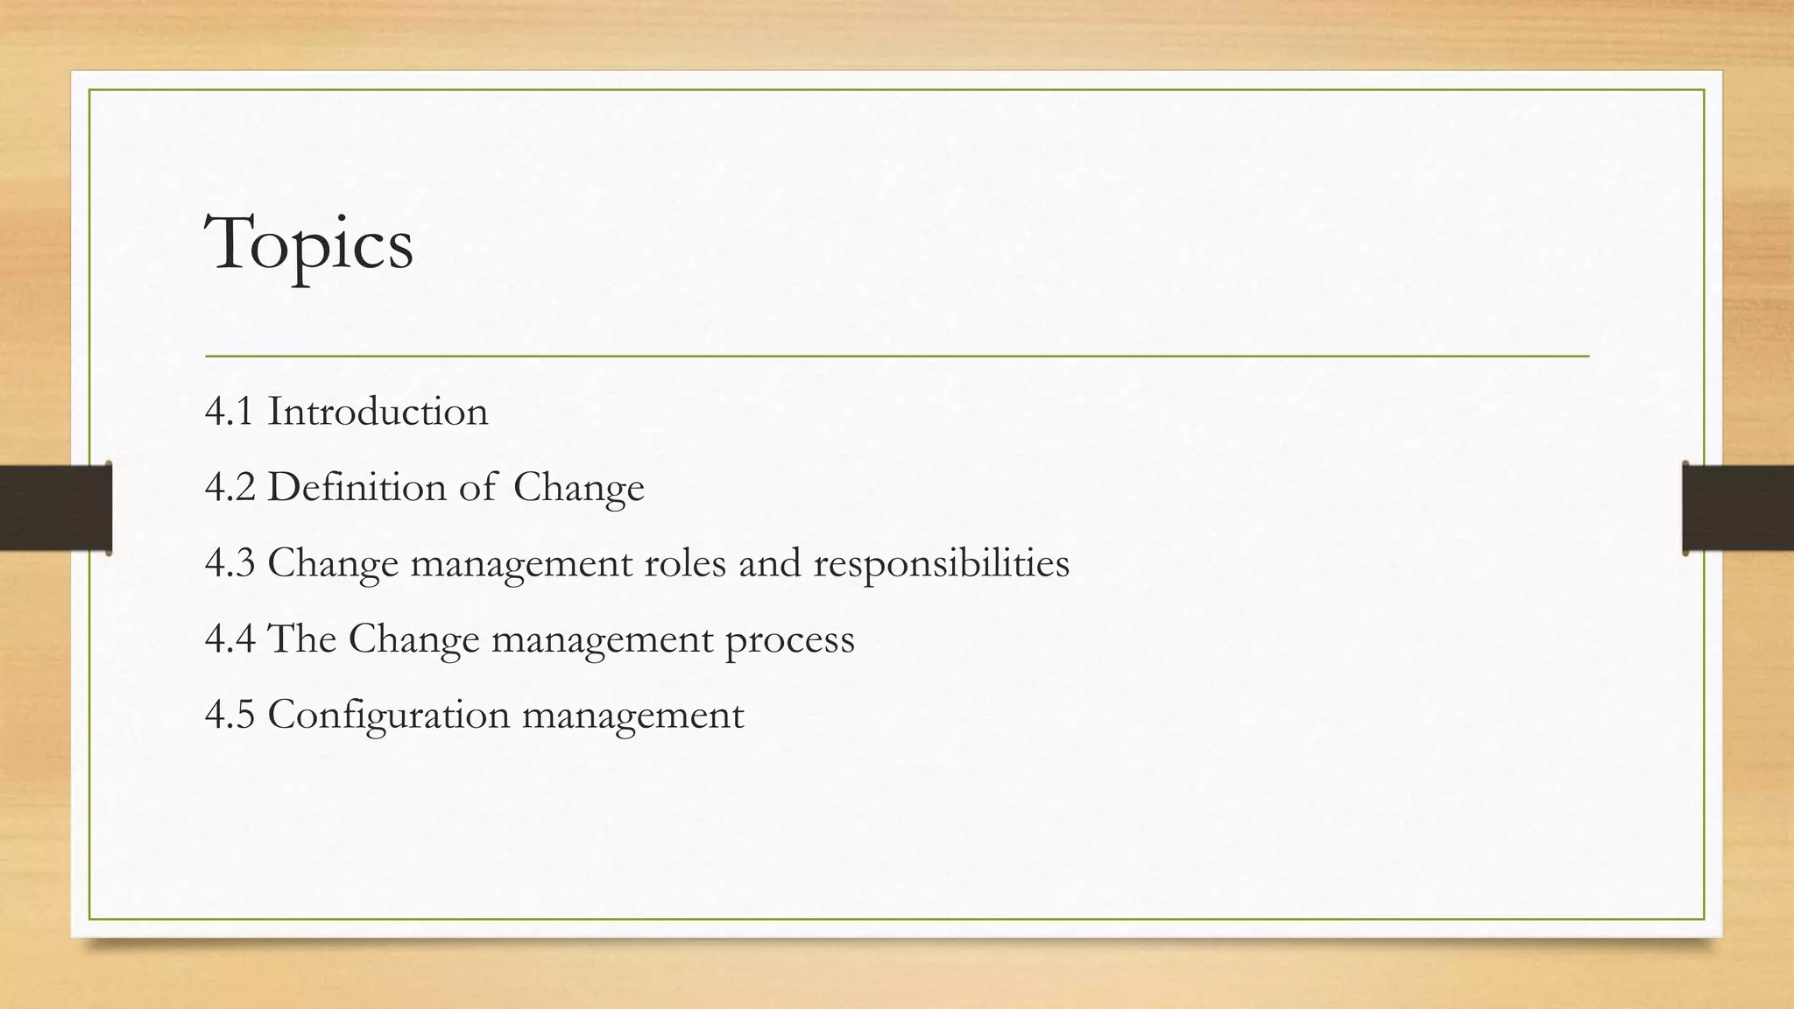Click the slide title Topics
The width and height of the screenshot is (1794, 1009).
point(308,243)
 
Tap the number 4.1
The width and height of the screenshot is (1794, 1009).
point(230,412)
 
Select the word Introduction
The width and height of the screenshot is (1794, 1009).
point(378,412)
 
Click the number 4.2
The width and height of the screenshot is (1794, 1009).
point(230,487)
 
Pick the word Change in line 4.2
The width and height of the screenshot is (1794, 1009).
point(578,488)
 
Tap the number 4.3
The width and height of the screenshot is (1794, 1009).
point(230,562)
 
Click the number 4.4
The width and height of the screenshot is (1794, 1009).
point(230,639)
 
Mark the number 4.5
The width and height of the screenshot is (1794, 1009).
point(230,714)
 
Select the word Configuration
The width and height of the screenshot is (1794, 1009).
point(388,716)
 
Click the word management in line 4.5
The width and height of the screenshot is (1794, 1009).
point(633,716)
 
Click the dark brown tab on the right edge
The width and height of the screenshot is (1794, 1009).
point(1738,508)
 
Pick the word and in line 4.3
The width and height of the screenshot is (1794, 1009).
point(770,562)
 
